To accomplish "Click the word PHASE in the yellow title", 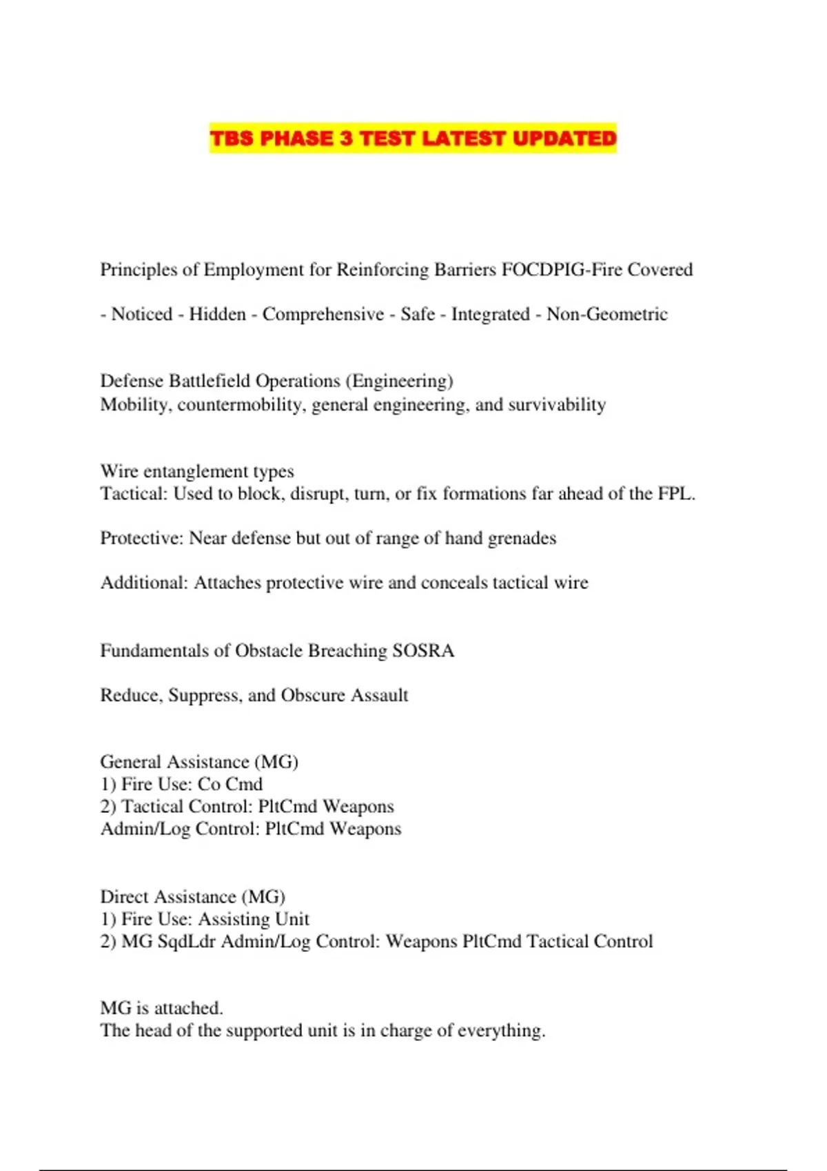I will point(296,138).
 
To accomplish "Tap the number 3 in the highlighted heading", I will point(347,138).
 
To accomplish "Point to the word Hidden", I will point(217,314).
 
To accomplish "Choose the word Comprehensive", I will point(323,314).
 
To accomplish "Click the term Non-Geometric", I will point(607,314).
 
